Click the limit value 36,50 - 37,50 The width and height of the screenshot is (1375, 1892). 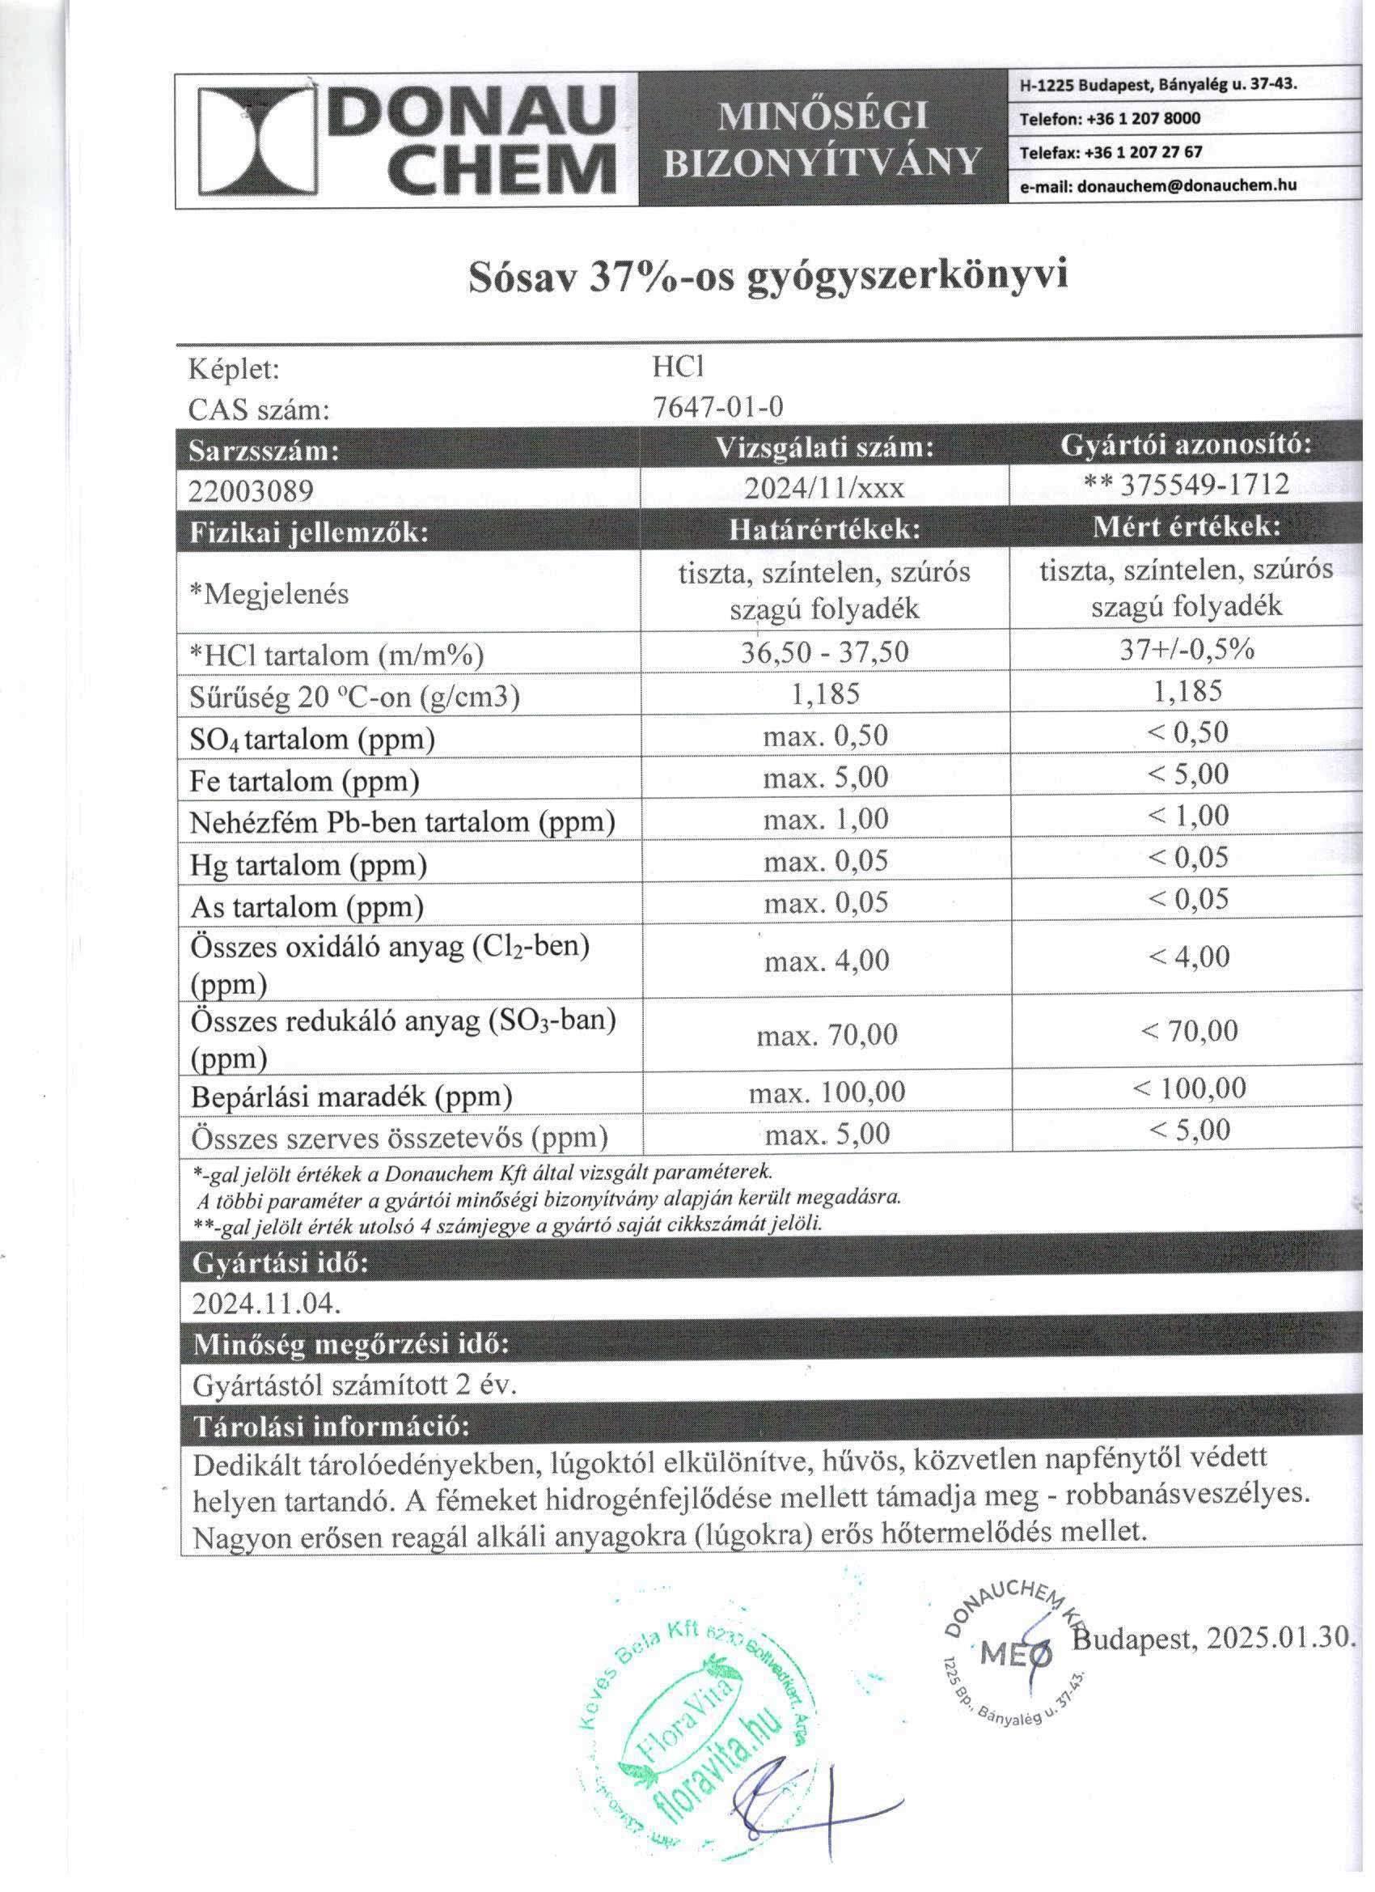(x=824, y=651)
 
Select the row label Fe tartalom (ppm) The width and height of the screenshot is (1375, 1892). (x=303, y=782)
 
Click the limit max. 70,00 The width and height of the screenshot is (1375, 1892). (x=827, y=1035)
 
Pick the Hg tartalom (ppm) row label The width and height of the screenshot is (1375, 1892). (x=308, y=865)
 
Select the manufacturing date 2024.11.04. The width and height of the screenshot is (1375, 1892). (x=266, y=1303)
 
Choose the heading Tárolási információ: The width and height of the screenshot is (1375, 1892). (x=331, y=1426)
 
